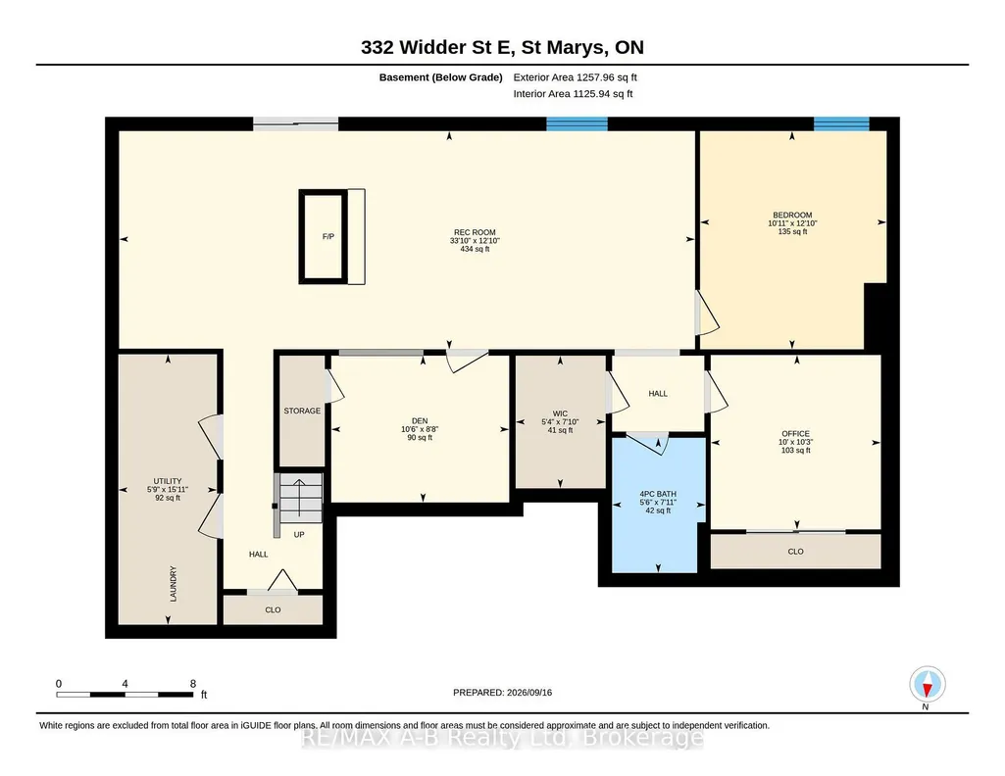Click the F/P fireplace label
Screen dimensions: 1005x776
[x=328, y=236]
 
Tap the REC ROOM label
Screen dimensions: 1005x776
[x=475, y=232]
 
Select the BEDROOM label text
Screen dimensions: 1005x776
[x=792, y=216]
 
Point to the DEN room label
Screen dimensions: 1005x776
[x=420, y=420]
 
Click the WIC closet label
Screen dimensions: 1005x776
[x=560, y=413]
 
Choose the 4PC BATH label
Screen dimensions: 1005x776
[x=658, y=494]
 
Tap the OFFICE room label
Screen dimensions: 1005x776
[x=795, y=433]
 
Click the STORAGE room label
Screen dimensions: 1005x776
[x=302, y=411]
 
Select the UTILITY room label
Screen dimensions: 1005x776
[x=168, y=481]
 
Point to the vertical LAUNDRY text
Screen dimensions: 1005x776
[x=173, y=583]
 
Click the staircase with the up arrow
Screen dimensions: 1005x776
[x=299, y=499]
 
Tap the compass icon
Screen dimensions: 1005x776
[x=927, y=685]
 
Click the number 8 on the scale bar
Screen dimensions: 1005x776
[x=193, y=684]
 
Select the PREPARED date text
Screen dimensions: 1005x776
[x=502, y=692]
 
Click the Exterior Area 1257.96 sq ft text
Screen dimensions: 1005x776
[x=575, y=77]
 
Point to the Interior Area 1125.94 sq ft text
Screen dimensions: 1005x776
[x=573, y=93]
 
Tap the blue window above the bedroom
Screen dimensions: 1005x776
[x=841, y=123]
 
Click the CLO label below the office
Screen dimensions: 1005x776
[x=795, y=552]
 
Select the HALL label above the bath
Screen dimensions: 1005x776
[x=658, y=394]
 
